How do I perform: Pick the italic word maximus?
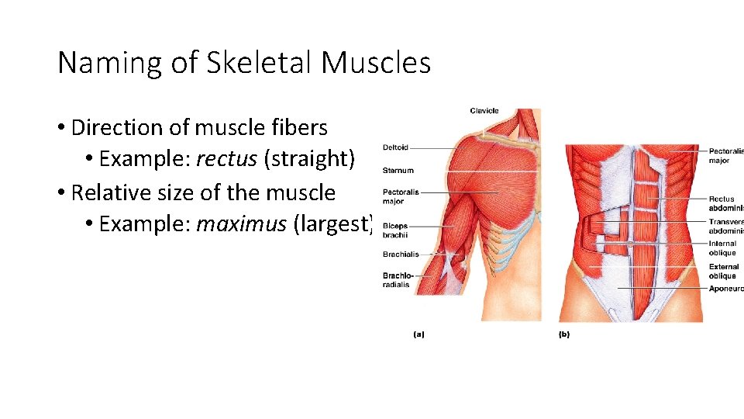(x=241, y=224)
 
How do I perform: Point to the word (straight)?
(x=309, y=159)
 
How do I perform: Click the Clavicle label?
(x=484, y=111)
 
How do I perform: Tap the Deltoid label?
(x=395, y=147)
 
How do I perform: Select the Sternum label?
(x=398, y=171)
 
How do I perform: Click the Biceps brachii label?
(x=395, y=230)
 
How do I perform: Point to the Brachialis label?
(x=401, y=255)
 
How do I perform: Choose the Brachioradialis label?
(x=398, y=280)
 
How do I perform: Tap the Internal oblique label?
(x=722, y=248)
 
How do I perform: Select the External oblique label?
(x=724, y=271)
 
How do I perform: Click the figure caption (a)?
(x=418, y=334)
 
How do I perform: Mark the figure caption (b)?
(x=563, y=334)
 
